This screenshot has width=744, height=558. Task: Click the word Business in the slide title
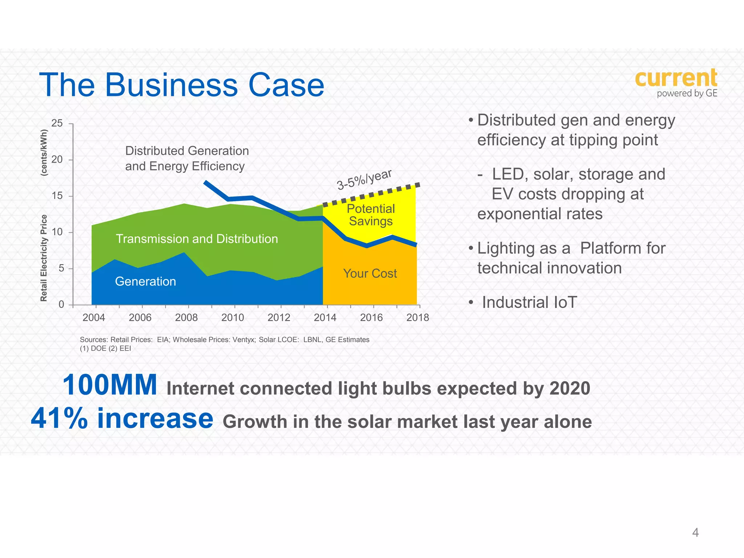tap(171, 85)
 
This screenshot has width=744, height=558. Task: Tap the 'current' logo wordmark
tap(676, 78)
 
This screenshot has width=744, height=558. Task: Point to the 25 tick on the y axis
tap(57, 124)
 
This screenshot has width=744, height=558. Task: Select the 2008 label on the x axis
tap(186, 318)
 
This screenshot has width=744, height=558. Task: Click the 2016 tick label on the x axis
tap(371, 318)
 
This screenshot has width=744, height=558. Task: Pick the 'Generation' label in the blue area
tap(145, 282)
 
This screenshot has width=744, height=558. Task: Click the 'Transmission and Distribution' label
tap(197, 239)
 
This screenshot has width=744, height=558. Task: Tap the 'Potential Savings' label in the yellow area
tap(371, 215)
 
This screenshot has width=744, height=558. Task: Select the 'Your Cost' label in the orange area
tap(370, 274)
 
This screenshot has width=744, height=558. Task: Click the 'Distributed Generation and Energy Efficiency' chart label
tap(187, 158)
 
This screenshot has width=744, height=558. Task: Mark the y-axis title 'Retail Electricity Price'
tap(44, 258)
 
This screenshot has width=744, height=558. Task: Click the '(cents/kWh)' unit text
tap(44, 153)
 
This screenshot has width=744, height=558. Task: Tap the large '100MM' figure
tap(110, 385)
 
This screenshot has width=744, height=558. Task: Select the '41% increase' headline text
tap(122, 418)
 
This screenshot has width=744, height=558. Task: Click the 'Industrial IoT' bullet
tap(529, 302)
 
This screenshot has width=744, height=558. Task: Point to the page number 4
tap(695, 533)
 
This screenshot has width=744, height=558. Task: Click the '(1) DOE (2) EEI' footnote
tap(105, 348)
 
